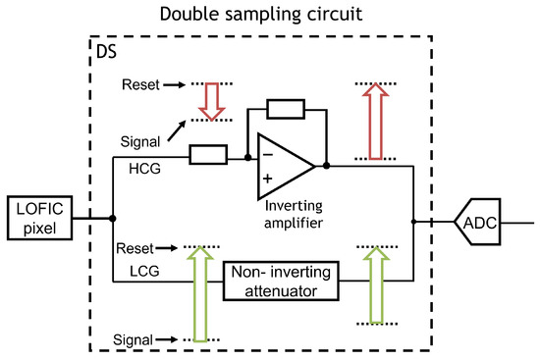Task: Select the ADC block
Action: [x=480, y=223]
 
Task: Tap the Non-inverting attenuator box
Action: [x=285, y=280]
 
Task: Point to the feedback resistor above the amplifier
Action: [x=287, y=108]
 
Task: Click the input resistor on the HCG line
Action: [x=208, y=154]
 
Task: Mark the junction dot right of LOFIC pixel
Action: [x=113, y=219]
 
